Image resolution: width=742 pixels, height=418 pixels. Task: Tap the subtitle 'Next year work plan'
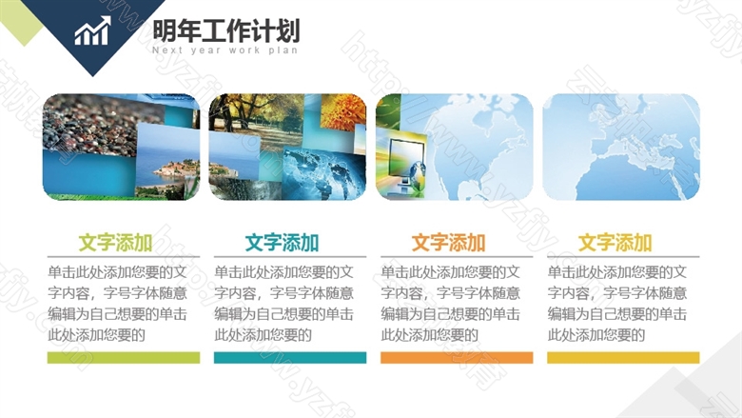pyautogui.click(x=225, y=50)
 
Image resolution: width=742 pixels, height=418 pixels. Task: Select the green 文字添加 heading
pyautogui.click(x=115, y=243)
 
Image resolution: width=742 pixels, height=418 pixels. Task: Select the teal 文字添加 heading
pyautogui.click(x=282, y=243)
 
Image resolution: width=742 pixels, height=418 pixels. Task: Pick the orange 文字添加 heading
pyautogui.click(x=448, y=243)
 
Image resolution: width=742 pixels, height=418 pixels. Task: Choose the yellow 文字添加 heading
pyautogui.click(x=615, y=243)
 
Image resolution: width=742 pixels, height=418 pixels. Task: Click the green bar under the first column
pyautogui.click(x=124, y=357)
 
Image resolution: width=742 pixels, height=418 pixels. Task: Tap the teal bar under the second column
pyautogui.click(x=290, y=357)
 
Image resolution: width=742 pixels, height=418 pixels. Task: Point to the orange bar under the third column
pyautogui.click(x=457, y=357)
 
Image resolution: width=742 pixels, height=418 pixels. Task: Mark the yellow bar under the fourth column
pyautogui.click(x=623, y=357)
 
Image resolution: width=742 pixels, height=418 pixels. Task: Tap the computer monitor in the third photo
pyautogui.click(x=406, y=158)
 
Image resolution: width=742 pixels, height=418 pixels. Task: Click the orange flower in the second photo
pyautogui.click(x=343, y=112)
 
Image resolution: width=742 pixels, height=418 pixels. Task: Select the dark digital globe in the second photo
pyautogui.click(x=324, y=173)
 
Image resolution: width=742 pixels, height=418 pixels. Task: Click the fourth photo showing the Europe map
pyautogui.click(x=621, y=147)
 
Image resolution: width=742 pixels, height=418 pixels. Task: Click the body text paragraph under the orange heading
pyautogui.click(x=451, y=304)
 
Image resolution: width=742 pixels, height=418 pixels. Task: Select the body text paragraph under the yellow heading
pyautogui.click(x=617, y=304)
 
